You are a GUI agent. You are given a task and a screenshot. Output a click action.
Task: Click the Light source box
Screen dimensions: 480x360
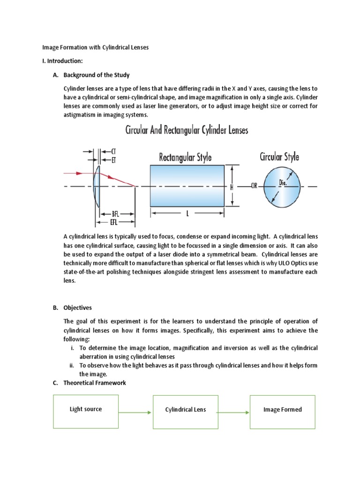(x=86, y=412)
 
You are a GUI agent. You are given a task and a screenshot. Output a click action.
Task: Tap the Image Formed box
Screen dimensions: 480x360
(x=282, y=412)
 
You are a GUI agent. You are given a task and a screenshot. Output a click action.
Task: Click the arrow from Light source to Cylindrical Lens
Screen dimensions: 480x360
(x=135, y=412)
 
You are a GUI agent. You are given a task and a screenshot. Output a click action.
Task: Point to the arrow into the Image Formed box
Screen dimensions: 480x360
(x=233, y=412)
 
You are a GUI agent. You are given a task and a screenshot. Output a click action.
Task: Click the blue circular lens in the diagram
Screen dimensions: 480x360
(x=282, y=186)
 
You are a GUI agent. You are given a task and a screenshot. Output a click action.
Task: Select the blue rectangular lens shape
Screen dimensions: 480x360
(x=187, y=186)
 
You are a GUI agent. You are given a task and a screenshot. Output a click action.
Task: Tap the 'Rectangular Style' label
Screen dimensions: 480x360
(x=185, y=156)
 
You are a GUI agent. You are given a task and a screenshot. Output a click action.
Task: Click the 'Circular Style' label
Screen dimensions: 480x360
(x=279, y=156)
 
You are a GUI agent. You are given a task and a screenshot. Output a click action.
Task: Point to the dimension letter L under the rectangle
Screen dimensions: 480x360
(x=187, y=214)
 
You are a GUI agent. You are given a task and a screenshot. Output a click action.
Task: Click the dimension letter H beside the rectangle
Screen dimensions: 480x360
(x=232, y=186)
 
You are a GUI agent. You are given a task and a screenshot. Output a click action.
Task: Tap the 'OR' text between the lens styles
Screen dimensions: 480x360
(x=254, y=186)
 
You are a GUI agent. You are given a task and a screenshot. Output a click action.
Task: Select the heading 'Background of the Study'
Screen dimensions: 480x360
(x=97, y=75)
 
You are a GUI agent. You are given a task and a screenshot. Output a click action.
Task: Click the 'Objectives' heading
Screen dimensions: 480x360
(x=78, y=307)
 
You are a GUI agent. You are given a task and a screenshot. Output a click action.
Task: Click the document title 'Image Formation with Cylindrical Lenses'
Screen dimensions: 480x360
(x=96, y=48)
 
